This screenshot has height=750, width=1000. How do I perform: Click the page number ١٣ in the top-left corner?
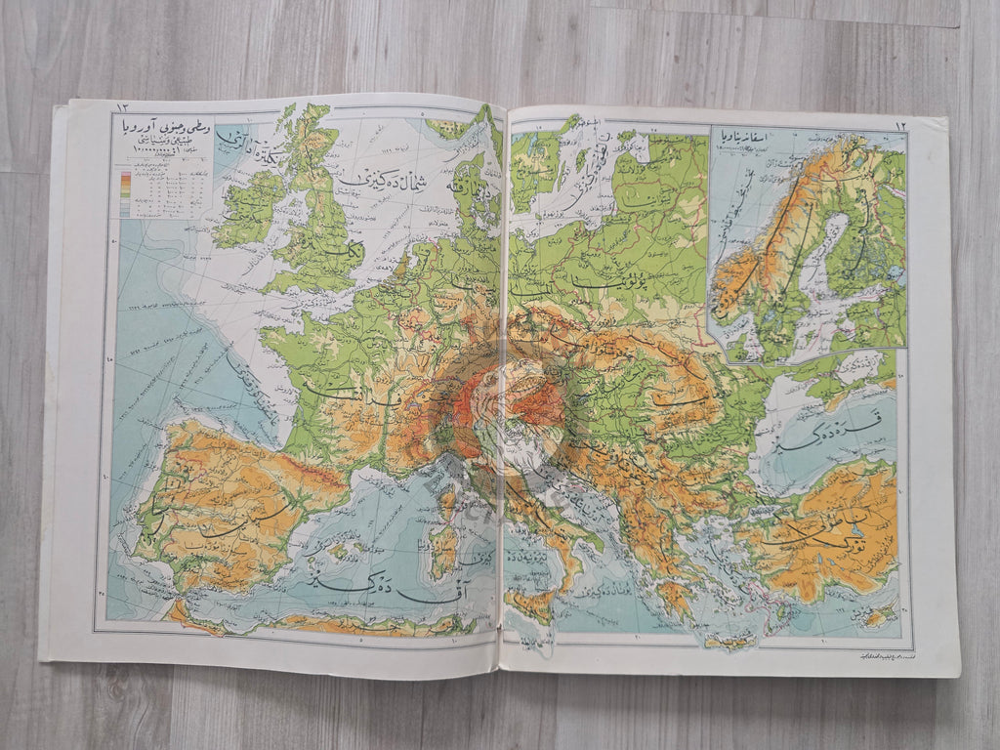[124, 106]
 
